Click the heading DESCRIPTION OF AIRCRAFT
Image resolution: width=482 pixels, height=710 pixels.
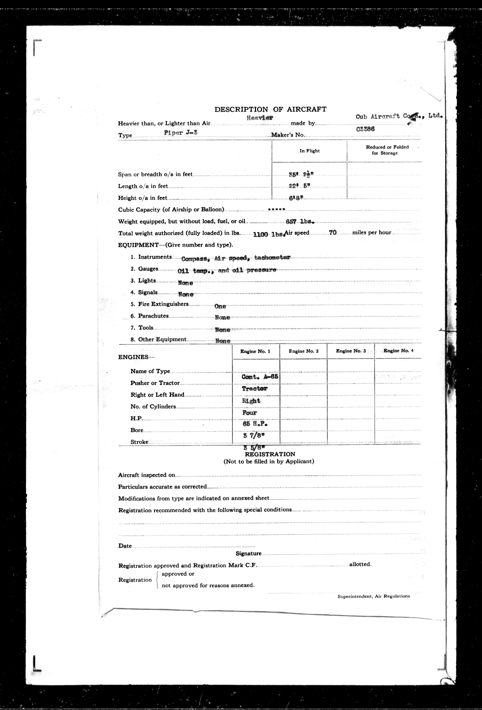(x=270, y=109)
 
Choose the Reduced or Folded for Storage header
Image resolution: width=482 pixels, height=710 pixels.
(x=387, y=150)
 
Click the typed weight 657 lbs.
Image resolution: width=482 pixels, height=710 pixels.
(x=300, y=222)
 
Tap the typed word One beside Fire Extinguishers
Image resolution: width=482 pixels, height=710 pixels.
(x=220, y=306)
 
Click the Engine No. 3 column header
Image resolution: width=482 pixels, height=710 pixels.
(x=351, y=351)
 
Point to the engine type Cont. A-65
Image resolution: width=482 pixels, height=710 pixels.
(x=260, y=377)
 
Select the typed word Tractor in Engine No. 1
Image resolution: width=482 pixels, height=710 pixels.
(x=254, y=389)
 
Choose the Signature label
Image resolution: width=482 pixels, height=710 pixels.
(x=248, y=553)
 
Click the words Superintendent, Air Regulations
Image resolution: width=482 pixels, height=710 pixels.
(x=374, y=596)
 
